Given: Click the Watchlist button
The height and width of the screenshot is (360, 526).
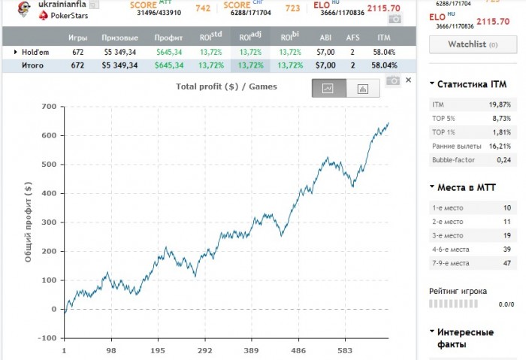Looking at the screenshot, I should (x=472, y=44).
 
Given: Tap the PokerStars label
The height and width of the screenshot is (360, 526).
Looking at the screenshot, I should (x=70, y=15).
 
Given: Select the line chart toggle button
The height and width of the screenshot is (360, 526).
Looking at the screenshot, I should (x=328, y=89).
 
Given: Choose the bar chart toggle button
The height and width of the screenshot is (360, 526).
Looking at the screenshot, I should (x=363, y=89).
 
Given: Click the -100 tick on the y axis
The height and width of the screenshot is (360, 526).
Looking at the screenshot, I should (x=47, y=338).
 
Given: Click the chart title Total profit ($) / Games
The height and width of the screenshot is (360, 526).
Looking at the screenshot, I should (x=226, y=86).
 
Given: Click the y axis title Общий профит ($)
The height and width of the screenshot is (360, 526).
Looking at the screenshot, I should (x=28, y=222).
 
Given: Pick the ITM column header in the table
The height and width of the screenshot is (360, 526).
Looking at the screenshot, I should (x=383, y=37).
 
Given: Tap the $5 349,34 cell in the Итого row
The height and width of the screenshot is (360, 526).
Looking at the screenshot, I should (x=119, y=65).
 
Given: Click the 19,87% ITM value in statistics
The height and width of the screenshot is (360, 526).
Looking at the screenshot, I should (x=499, y=104).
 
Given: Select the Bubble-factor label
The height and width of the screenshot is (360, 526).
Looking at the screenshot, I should (x=453, y=160).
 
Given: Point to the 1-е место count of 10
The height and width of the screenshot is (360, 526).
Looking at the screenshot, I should (x=506, y=207).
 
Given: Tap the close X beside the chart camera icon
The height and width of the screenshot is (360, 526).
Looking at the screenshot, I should (x=409, y=79).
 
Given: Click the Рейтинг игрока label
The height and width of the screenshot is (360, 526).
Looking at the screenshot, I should (x=458, y=291).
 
